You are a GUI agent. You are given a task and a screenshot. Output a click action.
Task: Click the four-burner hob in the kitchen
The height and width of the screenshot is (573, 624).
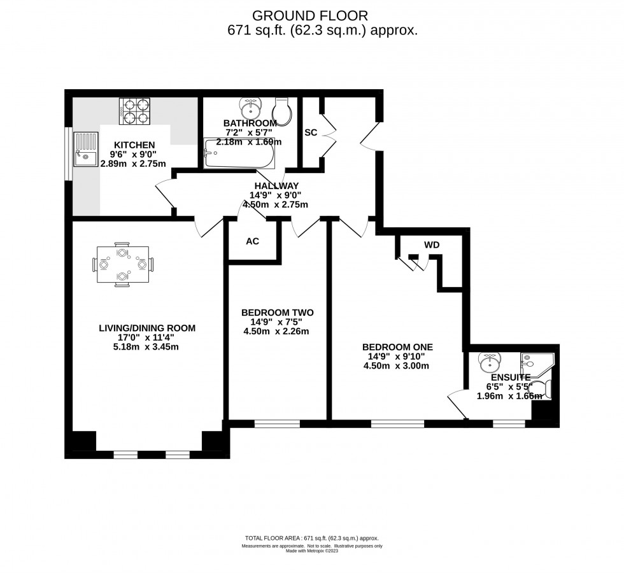pos(134,111)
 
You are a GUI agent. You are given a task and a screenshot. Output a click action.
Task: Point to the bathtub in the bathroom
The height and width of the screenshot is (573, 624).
pos(239,154)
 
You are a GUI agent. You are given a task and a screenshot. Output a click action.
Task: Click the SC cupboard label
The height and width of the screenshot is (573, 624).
pos(311,132)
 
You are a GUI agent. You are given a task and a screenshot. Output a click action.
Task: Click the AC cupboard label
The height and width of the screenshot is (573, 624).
pos(252,241)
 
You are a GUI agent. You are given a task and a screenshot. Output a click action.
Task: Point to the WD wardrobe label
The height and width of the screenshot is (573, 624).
pos(432,245)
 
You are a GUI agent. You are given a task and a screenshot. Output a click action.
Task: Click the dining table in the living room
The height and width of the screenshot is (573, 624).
pos(122,264)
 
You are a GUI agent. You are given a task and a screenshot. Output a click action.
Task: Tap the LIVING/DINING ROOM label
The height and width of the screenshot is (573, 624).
pos(146,328)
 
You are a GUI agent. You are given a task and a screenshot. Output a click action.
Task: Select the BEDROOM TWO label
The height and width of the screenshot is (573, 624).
pos(277,313)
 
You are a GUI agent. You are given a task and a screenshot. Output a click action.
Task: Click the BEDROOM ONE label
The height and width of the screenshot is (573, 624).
pos(397,347)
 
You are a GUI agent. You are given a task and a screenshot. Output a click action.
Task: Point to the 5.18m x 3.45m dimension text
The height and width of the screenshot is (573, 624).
pos(146,347)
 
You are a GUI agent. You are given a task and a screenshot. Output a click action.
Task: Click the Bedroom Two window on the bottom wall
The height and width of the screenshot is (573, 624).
pos(277,423)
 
